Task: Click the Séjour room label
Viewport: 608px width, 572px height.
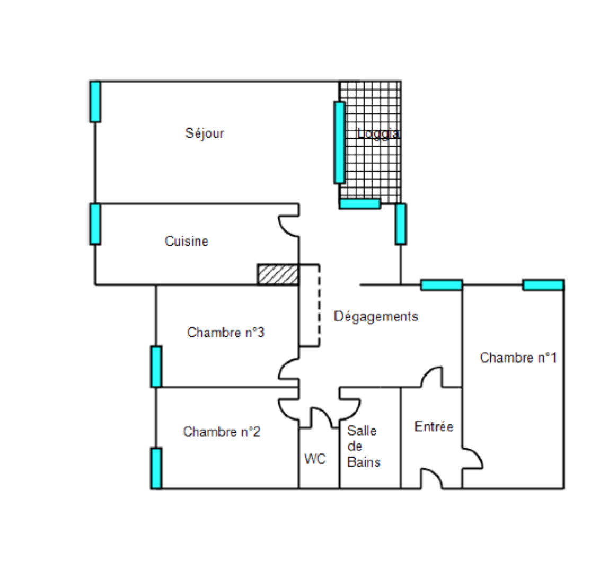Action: click(x=205, y=133)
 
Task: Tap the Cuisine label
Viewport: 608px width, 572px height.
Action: click(x=186, y=242)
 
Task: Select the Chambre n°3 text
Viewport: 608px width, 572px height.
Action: click(x=226, y=333)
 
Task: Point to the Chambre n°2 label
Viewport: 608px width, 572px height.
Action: click(x=222, y=432)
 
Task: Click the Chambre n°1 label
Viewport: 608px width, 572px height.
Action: click(x=518, y=358)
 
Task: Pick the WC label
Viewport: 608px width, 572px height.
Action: click(x=315, y=459)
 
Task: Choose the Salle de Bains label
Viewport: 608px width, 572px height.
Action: click(x=364, y=446)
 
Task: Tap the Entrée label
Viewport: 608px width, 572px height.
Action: click(x=434, y=426)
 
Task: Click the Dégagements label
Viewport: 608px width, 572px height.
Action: click(x=376, y=316)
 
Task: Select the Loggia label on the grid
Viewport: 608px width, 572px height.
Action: click(x=378, y=133)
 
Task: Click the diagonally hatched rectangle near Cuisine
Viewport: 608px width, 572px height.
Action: click(x=278, y=274)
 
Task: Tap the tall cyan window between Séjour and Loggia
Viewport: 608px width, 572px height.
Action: click(x=339, y=142)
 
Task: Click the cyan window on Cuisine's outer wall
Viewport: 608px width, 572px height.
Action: click(x=95, y=224)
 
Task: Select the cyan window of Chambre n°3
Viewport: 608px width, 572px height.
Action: click(x=156, y=367)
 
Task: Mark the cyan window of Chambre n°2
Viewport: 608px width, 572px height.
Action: click(x=156, y=468)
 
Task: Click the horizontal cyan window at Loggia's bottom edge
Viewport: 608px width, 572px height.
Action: click(x=360, y=203)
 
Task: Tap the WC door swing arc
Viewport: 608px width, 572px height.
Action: click(x=321, y=415)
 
